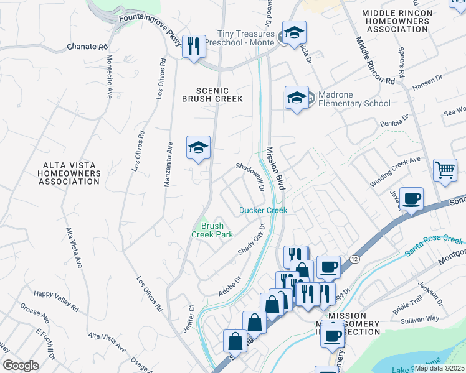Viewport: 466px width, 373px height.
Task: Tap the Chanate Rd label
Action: coord(88,47)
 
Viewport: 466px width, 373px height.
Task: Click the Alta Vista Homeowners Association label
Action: coord(69,173)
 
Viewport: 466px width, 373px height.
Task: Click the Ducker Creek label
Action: coord(264,210)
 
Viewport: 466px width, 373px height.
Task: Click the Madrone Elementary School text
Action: coord(354,99)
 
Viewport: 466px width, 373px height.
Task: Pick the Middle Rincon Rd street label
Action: coord(375,60)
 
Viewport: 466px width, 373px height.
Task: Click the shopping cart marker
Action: coord(445,170)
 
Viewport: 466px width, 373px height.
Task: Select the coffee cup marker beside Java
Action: coord(411,199)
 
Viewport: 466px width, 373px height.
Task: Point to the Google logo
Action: coord(21,366)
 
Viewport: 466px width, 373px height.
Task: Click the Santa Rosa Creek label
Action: coord(435,246)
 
